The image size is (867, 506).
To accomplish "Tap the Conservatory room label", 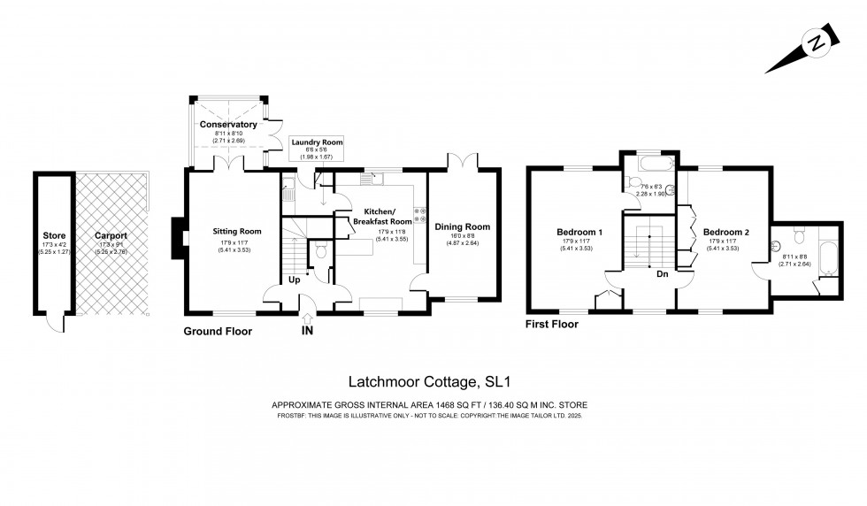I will pyautogui.click(x=227, y=125).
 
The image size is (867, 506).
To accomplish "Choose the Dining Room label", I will pyautogui.click(x=462, y=227).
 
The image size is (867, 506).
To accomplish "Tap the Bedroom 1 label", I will pyautogui.click(x=579, y=233).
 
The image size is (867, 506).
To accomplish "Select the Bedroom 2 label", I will pyautogui.click(x=725, y=233).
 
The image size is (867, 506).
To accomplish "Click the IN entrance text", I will pyautogui.click(x=306, y=332).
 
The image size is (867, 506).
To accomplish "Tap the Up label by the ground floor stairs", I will pyautogui.click(x=293, y=280).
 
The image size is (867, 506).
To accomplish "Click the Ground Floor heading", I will pyautogui.click(x=218, y=332).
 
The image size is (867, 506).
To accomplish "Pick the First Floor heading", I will pyautogui.click(x=552, y=325).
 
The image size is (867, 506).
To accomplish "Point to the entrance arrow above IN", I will pyautogui.click(x=306, y=318).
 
